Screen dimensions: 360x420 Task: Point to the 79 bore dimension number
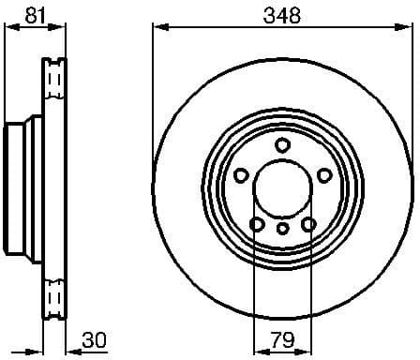tap(282, 338)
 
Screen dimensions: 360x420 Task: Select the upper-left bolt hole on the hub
tap(240, 175)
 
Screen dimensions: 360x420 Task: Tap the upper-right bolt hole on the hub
tap(324, 175)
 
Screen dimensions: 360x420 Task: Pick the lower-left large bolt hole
tap(256, 223)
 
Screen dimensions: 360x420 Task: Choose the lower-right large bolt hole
tap(308, 223)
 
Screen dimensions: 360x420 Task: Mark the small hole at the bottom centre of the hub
tap(282, 228)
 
